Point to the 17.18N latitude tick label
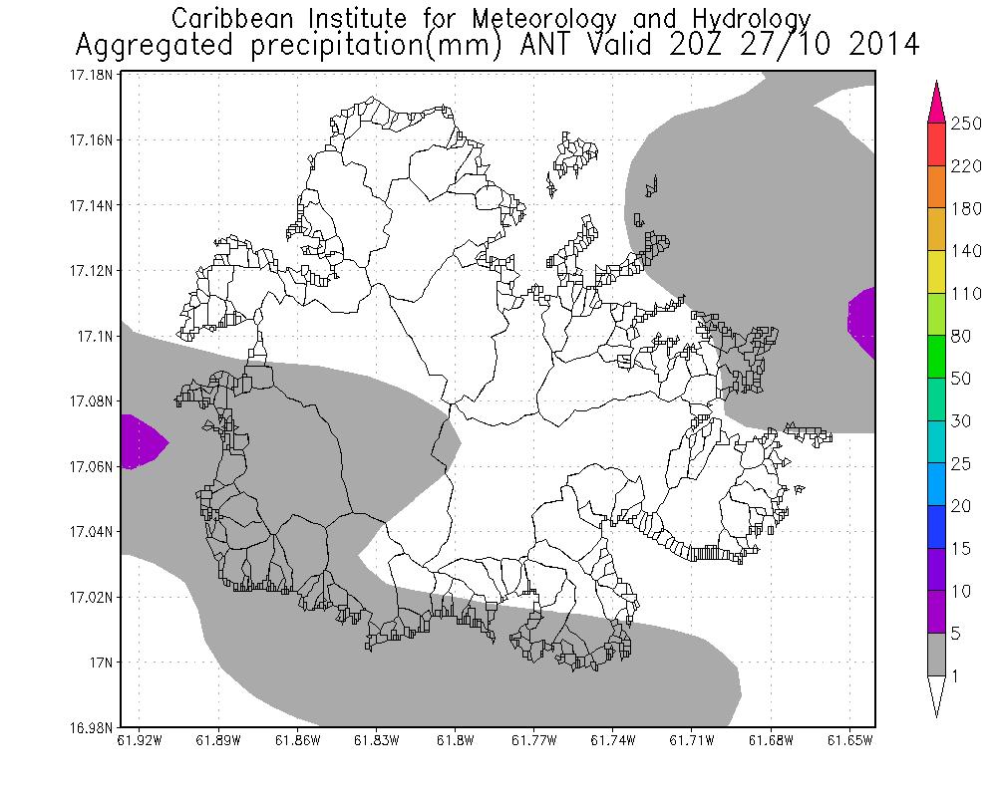tap(89, 75)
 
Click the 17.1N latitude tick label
tap(93, 336)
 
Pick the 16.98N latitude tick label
tap(89, 727)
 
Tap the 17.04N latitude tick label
tap(89, 531)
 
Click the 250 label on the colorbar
tap(965, 124)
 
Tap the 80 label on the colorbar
tap(960, 337)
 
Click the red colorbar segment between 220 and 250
tap(936, 144)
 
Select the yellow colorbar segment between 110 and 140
tap(936, 272)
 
